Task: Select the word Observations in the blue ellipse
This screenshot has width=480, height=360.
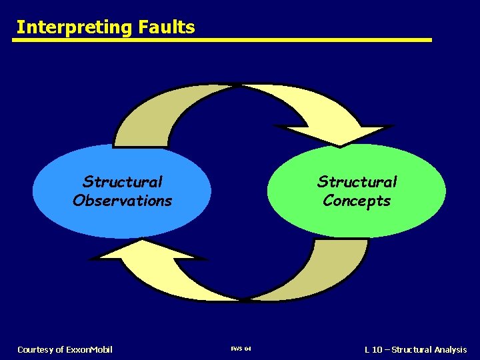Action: (x=123, y=201)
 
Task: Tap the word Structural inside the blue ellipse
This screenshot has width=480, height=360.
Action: (x=123, y=182)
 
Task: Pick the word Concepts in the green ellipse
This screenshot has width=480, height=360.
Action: (x=357, y=201)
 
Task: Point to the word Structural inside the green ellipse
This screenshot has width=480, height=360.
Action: (x=357, y=182)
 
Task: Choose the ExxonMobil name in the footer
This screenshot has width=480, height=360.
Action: (x=90, y=349)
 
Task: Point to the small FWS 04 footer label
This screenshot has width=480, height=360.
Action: (x=241, y=349)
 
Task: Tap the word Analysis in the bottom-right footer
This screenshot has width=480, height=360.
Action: (x=451, y=349)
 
